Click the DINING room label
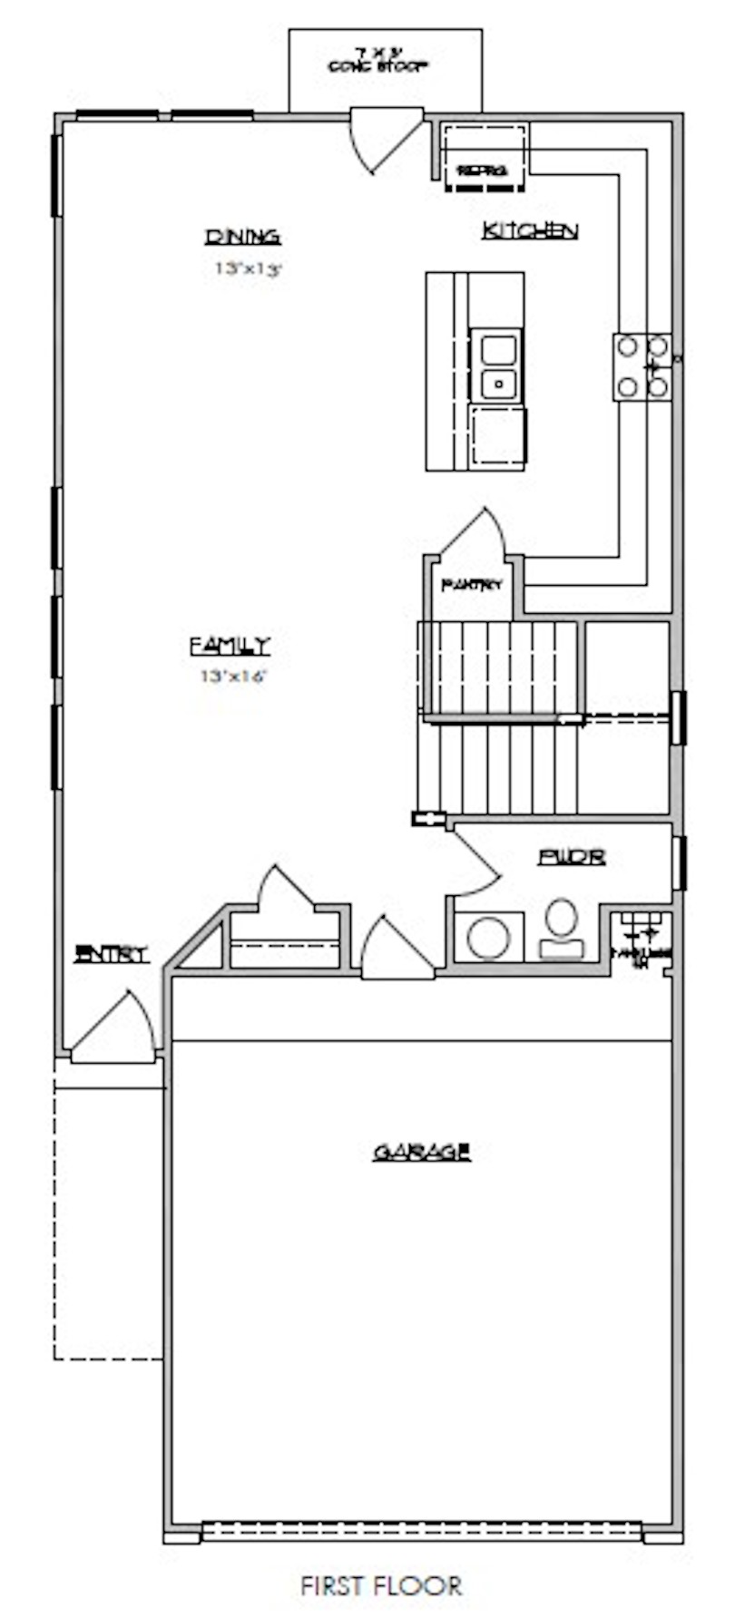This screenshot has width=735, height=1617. click(242, 237)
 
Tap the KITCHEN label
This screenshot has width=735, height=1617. click(530, 230)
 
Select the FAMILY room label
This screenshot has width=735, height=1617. click(230, 646)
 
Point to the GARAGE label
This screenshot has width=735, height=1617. click(422, 1152)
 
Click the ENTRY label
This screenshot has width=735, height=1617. click(112, 954)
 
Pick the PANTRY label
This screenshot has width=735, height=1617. click(472, 585)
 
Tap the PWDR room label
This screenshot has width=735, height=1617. click(572, 857)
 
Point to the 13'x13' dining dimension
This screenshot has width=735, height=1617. click(243, 268)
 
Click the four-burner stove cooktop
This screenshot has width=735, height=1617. click(642, 366)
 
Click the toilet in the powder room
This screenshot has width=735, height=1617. click(561, 927)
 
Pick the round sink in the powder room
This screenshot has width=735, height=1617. click(489, 937)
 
